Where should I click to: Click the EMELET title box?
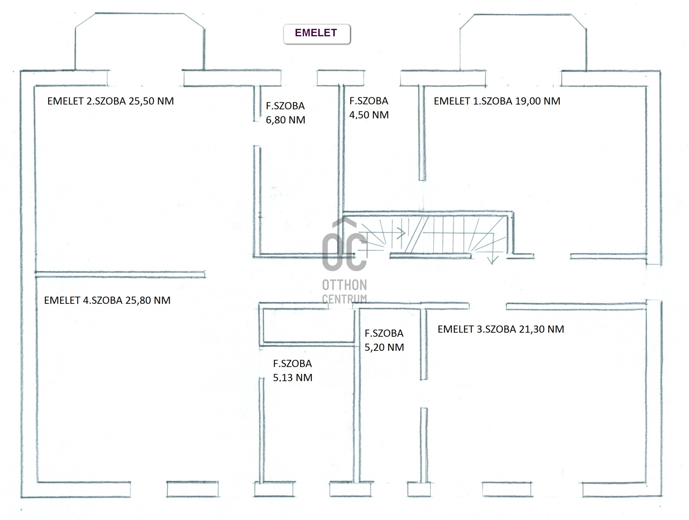317,34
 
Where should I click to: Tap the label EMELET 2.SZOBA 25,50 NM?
111,101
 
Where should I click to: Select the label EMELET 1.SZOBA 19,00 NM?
497,101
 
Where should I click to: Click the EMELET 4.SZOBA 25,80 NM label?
107,300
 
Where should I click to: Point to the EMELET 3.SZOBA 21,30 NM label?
501,329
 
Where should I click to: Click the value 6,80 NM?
286,120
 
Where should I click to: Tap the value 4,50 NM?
369,115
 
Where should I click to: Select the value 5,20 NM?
384,347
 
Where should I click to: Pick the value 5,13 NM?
293,377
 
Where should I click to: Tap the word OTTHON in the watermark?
344,285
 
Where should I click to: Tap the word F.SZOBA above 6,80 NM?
285,106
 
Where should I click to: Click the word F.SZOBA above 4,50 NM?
369,101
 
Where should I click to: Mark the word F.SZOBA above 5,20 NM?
384,333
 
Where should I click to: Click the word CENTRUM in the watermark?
344,299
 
